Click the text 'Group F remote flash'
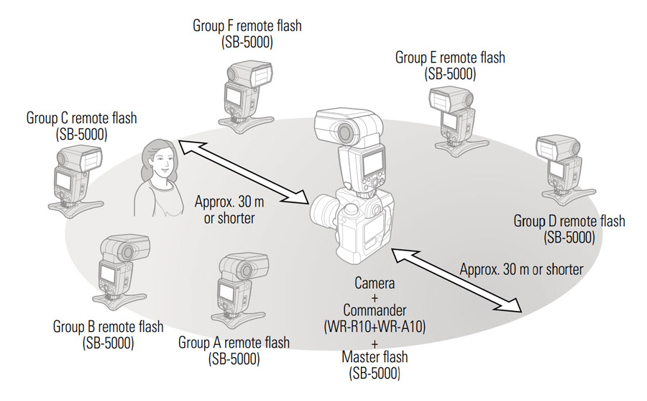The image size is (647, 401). [x=247, y=26]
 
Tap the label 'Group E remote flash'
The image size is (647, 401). [x=450, y=58]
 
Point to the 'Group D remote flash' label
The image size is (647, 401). [x=569, y=221]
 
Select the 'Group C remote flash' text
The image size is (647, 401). [x=81, y=117]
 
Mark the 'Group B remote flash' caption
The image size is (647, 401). [x=108, y=327]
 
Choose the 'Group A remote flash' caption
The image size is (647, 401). [x=234, y=341]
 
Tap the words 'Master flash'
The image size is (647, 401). [x=375, y=358]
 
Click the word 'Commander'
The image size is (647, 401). [x=375, y=312]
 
